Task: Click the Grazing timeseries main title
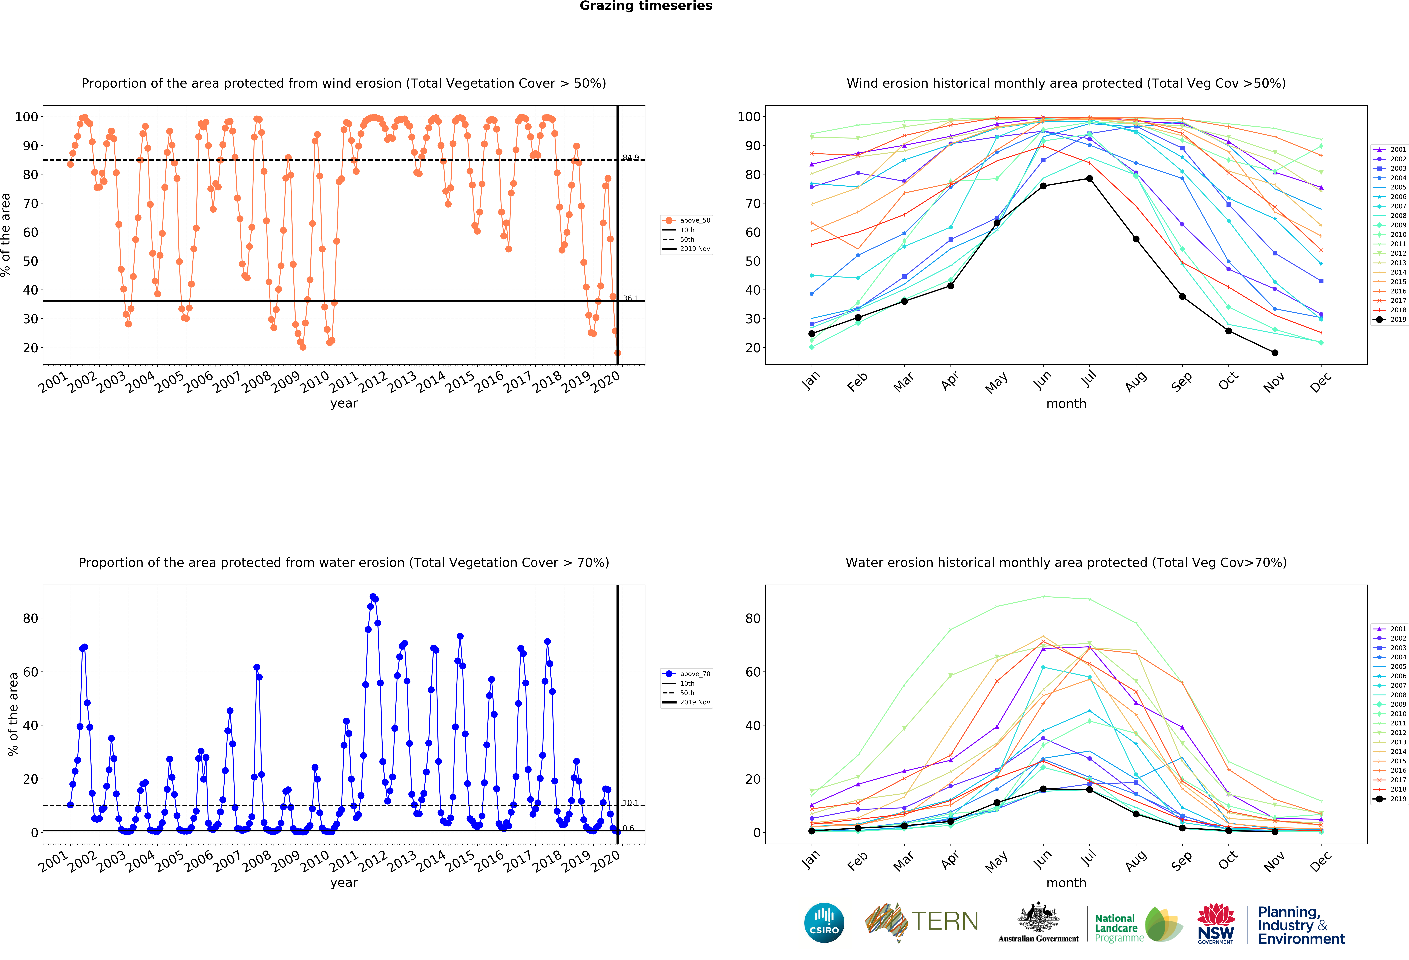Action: tap(646, 6)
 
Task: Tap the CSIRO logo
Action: tap(824, 923)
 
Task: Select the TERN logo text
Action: tap(945, 921)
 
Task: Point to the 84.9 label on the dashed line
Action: tap(630, 158)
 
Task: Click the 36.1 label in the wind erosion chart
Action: tap(630, 298)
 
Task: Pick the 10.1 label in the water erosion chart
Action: tap(630, 803)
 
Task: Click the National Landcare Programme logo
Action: tap(1138, 926)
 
